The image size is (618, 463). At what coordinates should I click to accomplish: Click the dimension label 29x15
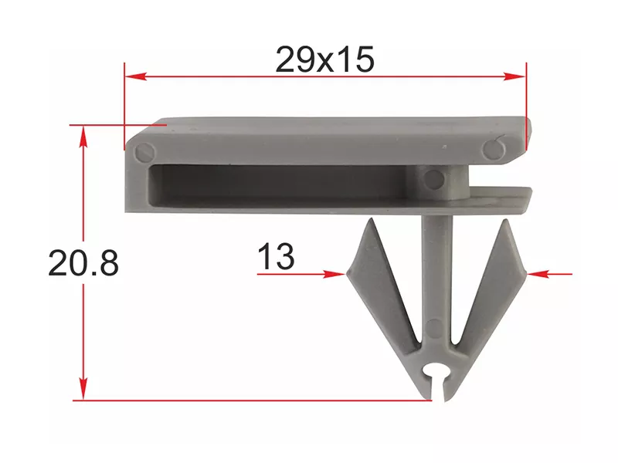coord(324,60)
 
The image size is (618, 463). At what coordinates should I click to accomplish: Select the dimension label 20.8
coord(83,263)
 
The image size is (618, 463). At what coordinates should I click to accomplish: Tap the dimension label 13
coord(276,256)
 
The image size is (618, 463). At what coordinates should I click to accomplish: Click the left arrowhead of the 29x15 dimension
coord(136,76)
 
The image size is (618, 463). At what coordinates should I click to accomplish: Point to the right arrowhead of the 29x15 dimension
coord(514,76)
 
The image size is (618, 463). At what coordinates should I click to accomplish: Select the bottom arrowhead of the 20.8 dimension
coord(83,389)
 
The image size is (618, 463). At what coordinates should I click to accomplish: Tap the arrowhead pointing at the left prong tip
coord(334,274)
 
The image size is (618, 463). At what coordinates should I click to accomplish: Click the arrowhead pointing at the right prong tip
coord(538,274)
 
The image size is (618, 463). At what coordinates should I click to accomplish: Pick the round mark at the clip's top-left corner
coord(145,151)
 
